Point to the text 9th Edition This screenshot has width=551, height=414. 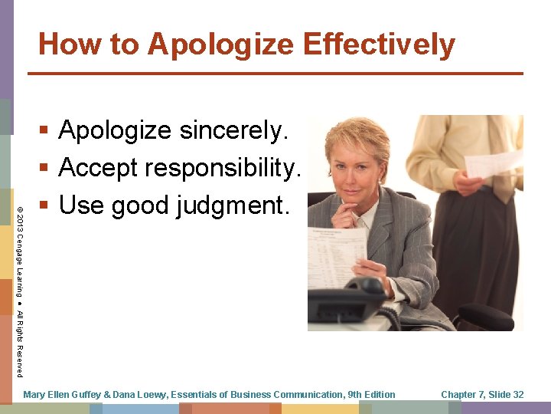(371, 395)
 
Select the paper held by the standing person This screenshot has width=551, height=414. (493, 163)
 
